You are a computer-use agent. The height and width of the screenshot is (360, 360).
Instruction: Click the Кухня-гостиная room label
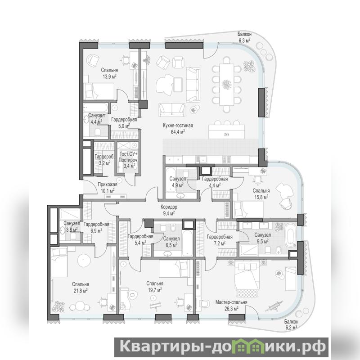click(178, 126)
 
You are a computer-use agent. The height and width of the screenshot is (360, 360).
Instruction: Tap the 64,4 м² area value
click(178, 132)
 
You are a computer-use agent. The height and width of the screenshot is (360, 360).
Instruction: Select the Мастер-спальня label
click(231, 302)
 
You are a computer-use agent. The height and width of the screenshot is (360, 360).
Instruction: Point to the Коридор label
click(169, 207)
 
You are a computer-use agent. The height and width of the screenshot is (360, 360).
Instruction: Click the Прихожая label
click(108, 184)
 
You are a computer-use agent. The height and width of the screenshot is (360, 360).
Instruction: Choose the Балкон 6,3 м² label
click(244, 37)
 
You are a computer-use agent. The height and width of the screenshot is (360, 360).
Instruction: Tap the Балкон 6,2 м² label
click(291, 324)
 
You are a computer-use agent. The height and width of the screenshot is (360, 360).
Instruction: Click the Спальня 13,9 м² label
click(109, 73)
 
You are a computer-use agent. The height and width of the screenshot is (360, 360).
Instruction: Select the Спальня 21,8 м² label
click(81, 288)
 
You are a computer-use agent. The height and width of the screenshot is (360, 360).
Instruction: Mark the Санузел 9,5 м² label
click(262, 238)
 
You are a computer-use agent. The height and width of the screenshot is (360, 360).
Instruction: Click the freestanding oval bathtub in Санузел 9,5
click(290, 234)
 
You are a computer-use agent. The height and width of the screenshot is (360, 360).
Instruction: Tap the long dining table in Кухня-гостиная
click(226, 84)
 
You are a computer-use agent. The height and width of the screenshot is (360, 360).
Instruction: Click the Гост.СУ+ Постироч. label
click(129, 160)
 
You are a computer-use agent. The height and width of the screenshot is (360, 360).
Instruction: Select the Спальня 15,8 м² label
click(261, 194)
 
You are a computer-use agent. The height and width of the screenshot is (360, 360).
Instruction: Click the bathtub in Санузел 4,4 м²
click(95, 108)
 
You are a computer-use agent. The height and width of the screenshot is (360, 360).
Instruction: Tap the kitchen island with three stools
click(227, 131)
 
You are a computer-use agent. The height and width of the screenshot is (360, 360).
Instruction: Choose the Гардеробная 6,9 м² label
click(96, 227)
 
